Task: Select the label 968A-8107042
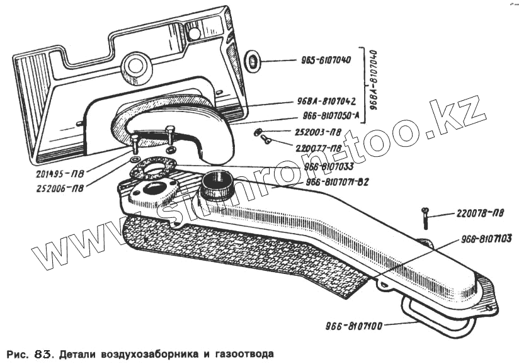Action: coord(326,101)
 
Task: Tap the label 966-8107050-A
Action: coord(330,117)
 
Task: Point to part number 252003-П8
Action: coord(318,133)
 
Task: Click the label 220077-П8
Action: coord(319,149)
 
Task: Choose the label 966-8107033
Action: coord(328,168)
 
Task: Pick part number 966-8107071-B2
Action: coord(337,182)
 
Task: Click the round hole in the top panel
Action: coord(134,64)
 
